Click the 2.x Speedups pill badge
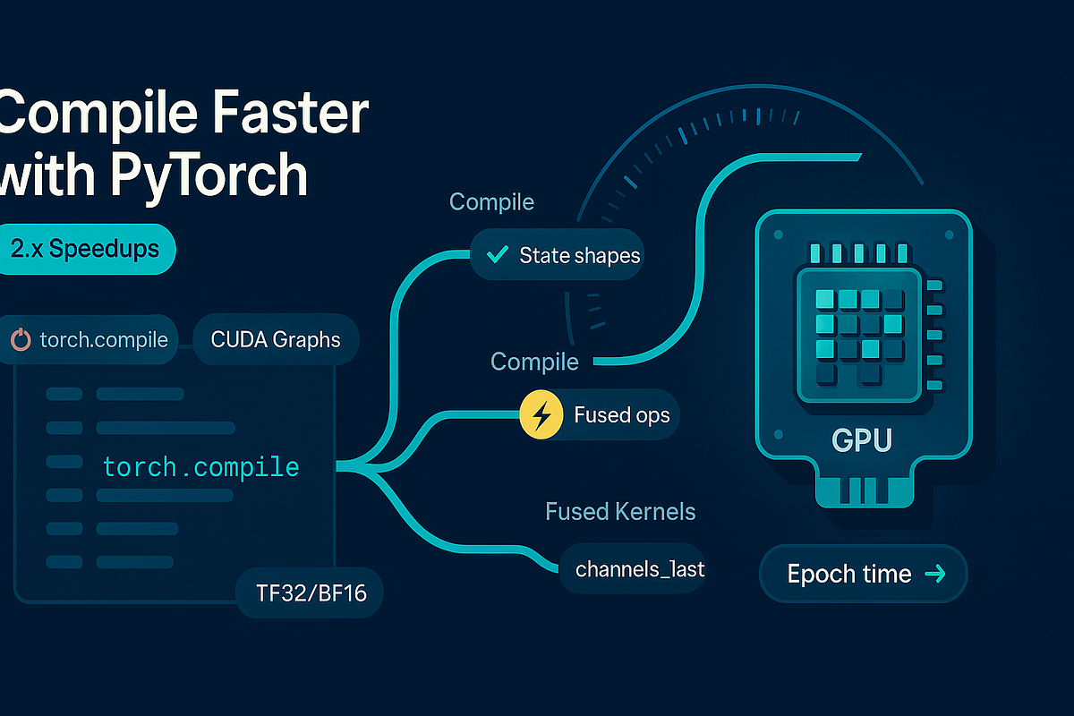point(87,249)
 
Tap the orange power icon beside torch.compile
point(21,340)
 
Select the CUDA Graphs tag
point(276,340)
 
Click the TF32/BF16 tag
point(309,592)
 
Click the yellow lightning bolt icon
point(541,415)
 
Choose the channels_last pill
point(640,568)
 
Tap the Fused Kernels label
point(620,512)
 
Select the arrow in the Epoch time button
point(933,575)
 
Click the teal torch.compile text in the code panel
point(200,466)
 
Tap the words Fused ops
point(621,415)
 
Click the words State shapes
point(579,255)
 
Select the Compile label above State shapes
point(491,202)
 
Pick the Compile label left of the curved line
point(534,362)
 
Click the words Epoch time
point(848,575)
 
